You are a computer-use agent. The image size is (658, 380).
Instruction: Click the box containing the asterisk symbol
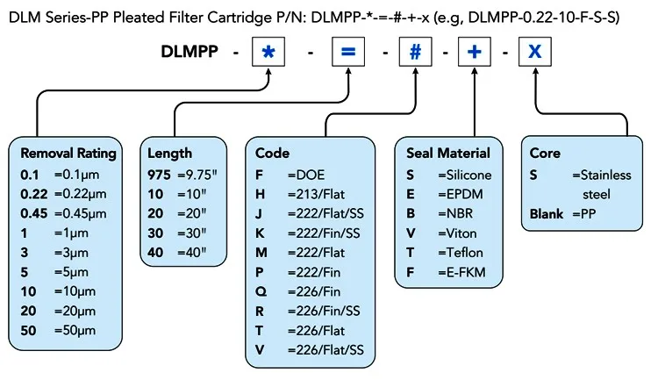268,52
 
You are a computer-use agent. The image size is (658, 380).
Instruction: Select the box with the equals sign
347,52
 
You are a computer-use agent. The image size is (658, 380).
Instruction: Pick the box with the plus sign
475,52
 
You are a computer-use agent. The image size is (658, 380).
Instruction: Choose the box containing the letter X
534,52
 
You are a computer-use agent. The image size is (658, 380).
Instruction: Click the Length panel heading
169,153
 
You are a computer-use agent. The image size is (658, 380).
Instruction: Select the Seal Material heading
448,153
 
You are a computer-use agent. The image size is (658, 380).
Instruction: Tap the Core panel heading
545,153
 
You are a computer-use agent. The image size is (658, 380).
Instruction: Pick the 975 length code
160,174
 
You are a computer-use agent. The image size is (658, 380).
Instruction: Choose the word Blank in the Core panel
547,213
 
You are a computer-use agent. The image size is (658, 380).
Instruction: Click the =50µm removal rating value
79,332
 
